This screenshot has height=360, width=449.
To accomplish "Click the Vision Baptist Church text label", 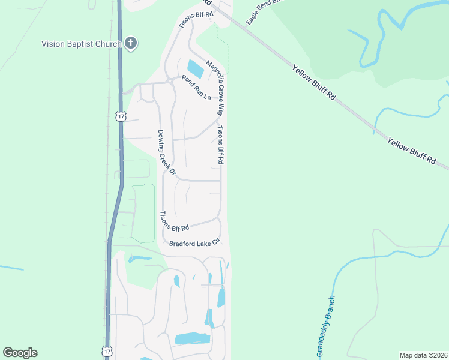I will (81, 43).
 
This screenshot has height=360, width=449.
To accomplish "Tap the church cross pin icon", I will (131, 43).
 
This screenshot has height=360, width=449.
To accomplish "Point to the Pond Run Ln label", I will (196, 88).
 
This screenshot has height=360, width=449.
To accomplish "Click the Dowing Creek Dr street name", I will (166, 153).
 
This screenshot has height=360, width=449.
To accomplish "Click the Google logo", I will (20, 353).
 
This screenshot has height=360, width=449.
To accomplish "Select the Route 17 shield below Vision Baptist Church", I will (122, 115).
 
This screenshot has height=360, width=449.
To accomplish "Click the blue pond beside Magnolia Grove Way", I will (196, 68).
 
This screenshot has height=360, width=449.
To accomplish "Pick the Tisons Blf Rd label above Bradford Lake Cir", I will (175, 221).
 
